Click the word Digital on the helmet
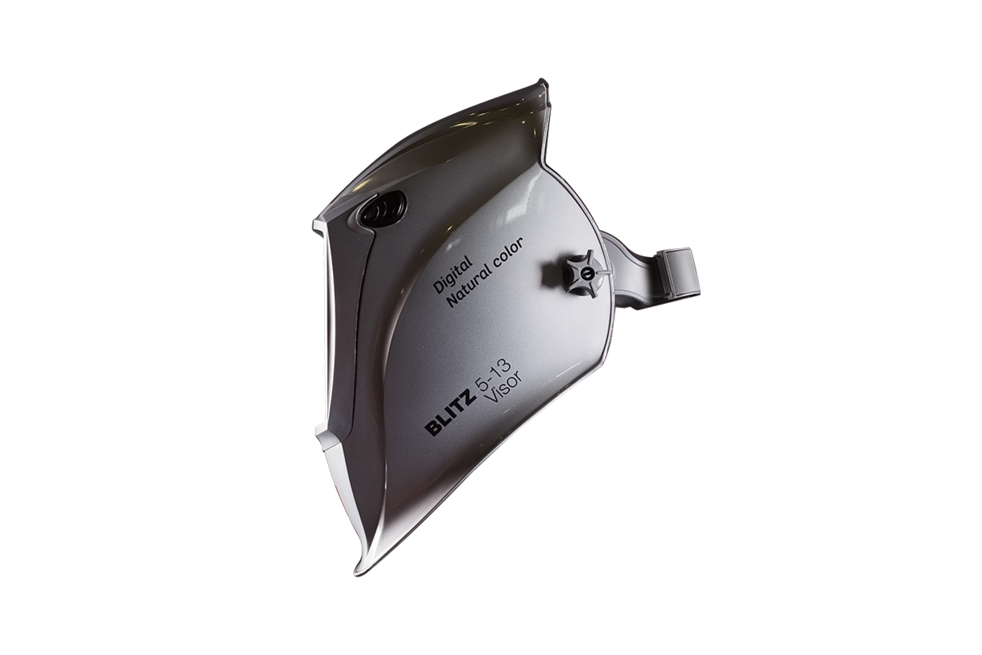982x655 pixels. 453,275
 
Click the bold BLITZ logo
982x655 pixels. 450,411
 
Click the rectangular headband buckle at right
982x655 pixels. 677,274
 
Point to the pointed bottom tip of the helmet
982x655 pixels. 357,573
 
